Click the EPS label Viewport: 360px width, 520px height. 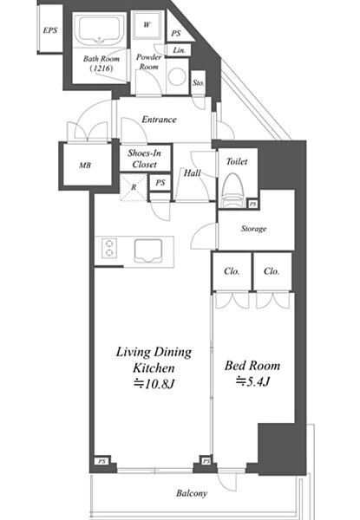[50, 30]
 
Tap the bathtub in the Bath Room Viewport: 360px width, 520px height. [99, 30]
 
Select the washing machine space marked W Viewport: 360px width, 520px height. [147, 24]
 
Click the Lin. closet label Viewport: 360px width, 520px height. [180, 50]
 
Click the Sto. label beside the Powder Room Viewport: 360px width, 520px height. [198, 82]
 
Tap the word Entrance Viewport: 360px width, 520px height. [159, 120]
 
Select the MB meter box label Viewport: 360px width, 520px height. [85, 165]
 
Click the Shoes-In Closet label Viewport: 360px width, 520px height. [145, 159]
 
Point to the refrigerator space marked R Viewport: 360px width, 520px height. [134, 187]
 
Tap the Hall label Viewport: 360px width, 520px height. [193, 172]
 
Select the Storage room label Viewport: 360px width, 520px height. [254, 229]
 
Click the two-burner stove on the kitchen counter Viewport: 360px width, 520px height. [109, 249]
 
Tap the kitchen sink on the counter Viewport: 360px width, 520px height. [148, 250]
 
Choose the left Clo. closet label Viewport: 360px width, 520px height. [232, 271]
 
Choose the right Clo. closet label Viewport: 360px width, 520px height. [272, 271]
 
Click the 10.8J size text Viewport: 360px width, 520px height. [154, 384]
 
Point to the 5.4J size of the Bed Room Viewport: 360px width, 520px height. [252, 381]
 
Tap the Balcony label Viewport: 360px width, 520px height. [192, 493]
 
